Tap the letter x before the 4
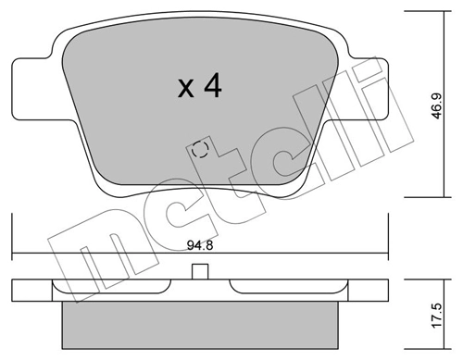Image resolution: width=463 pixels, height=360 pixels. pyautogui.click(x=185, y=89)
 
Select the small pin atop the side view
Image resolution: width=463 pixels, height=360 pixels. pyautogui.click(x=198, y=272)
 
